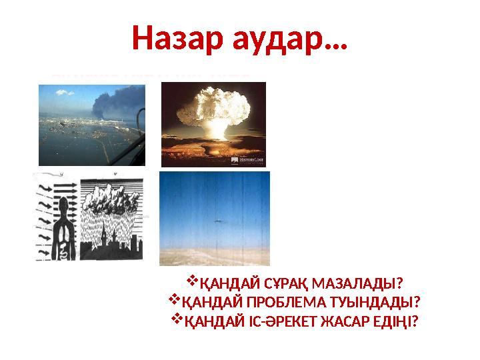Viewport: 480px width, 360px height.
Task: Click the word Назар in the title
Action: pyautogui.click(x=173, y=38)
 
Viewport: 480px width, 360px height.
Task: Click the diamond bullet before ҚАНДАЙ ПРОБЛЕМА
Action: pyautogui.click(x=176, y=302)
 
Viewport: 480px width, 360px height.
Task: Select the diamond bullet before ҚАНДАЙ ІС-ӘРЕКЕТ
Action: pyautogui.click(x=177, y=321)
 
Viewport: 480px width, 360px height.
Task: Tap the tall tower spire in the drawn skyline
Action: pyautogui.click(x=109, y=233)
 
